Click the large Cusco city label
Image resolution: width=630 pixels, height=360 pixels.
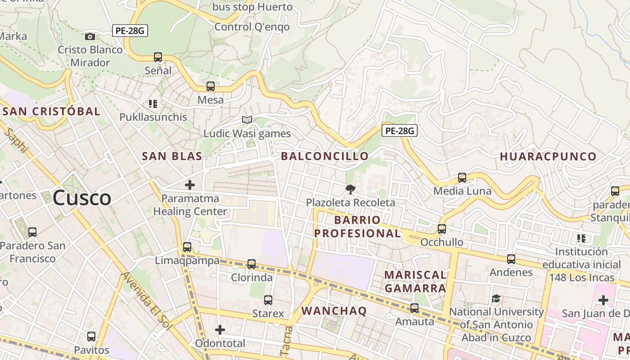click(x=82, y=198)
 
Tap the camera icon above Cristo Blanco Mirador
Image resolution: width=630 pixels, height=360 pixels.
click(x=90, y=36)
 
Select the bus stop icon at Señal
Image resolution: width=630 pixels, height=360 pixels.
click(x=158, y=57)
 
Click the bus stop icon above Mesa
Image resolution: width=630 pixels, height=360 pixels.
click(x=211, y=86)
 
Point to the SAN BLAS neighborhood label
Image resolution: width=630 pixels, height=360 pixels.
click(x=172, y=156)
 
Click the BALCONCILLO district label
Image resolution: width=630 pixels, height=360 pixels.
click(x=324, y=156)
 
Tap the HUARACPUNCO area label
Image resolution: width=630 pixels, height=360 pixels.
click(x=548, y=157)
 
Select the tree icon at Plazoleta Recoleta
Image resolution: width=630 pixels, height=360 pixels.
click(x=351, y=189)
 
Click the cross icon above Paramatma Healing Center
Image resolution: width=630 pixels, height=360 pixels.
click(x=190, y=184)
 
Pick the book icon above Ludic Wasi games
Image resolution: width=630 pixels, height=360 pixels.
click(x=247, y=120)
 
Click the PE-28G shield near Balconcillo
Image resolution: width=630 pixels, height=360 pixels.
click(x=400, y=131)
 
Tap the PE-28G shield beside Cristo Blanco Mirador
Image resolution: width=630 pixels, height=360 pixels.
click(x=130, y=31)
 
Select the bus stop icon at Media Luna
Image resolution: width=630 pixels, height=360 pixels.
click(x=462, y=177)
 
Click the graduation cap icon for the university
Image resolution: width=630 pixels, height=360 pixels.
click(x=496, y=298)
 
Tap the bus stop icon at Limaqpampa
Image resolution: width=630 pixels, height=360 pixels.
click(x=187, y=247)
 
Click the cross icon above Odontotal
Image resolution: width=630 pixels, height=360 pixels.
click(x=220, y=330)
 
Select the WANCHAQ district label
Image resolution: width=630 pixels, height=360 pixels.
click(x=334, y=310)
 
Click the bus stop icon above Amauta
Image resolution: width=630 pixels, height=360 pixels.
click(x=414, y=308)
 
